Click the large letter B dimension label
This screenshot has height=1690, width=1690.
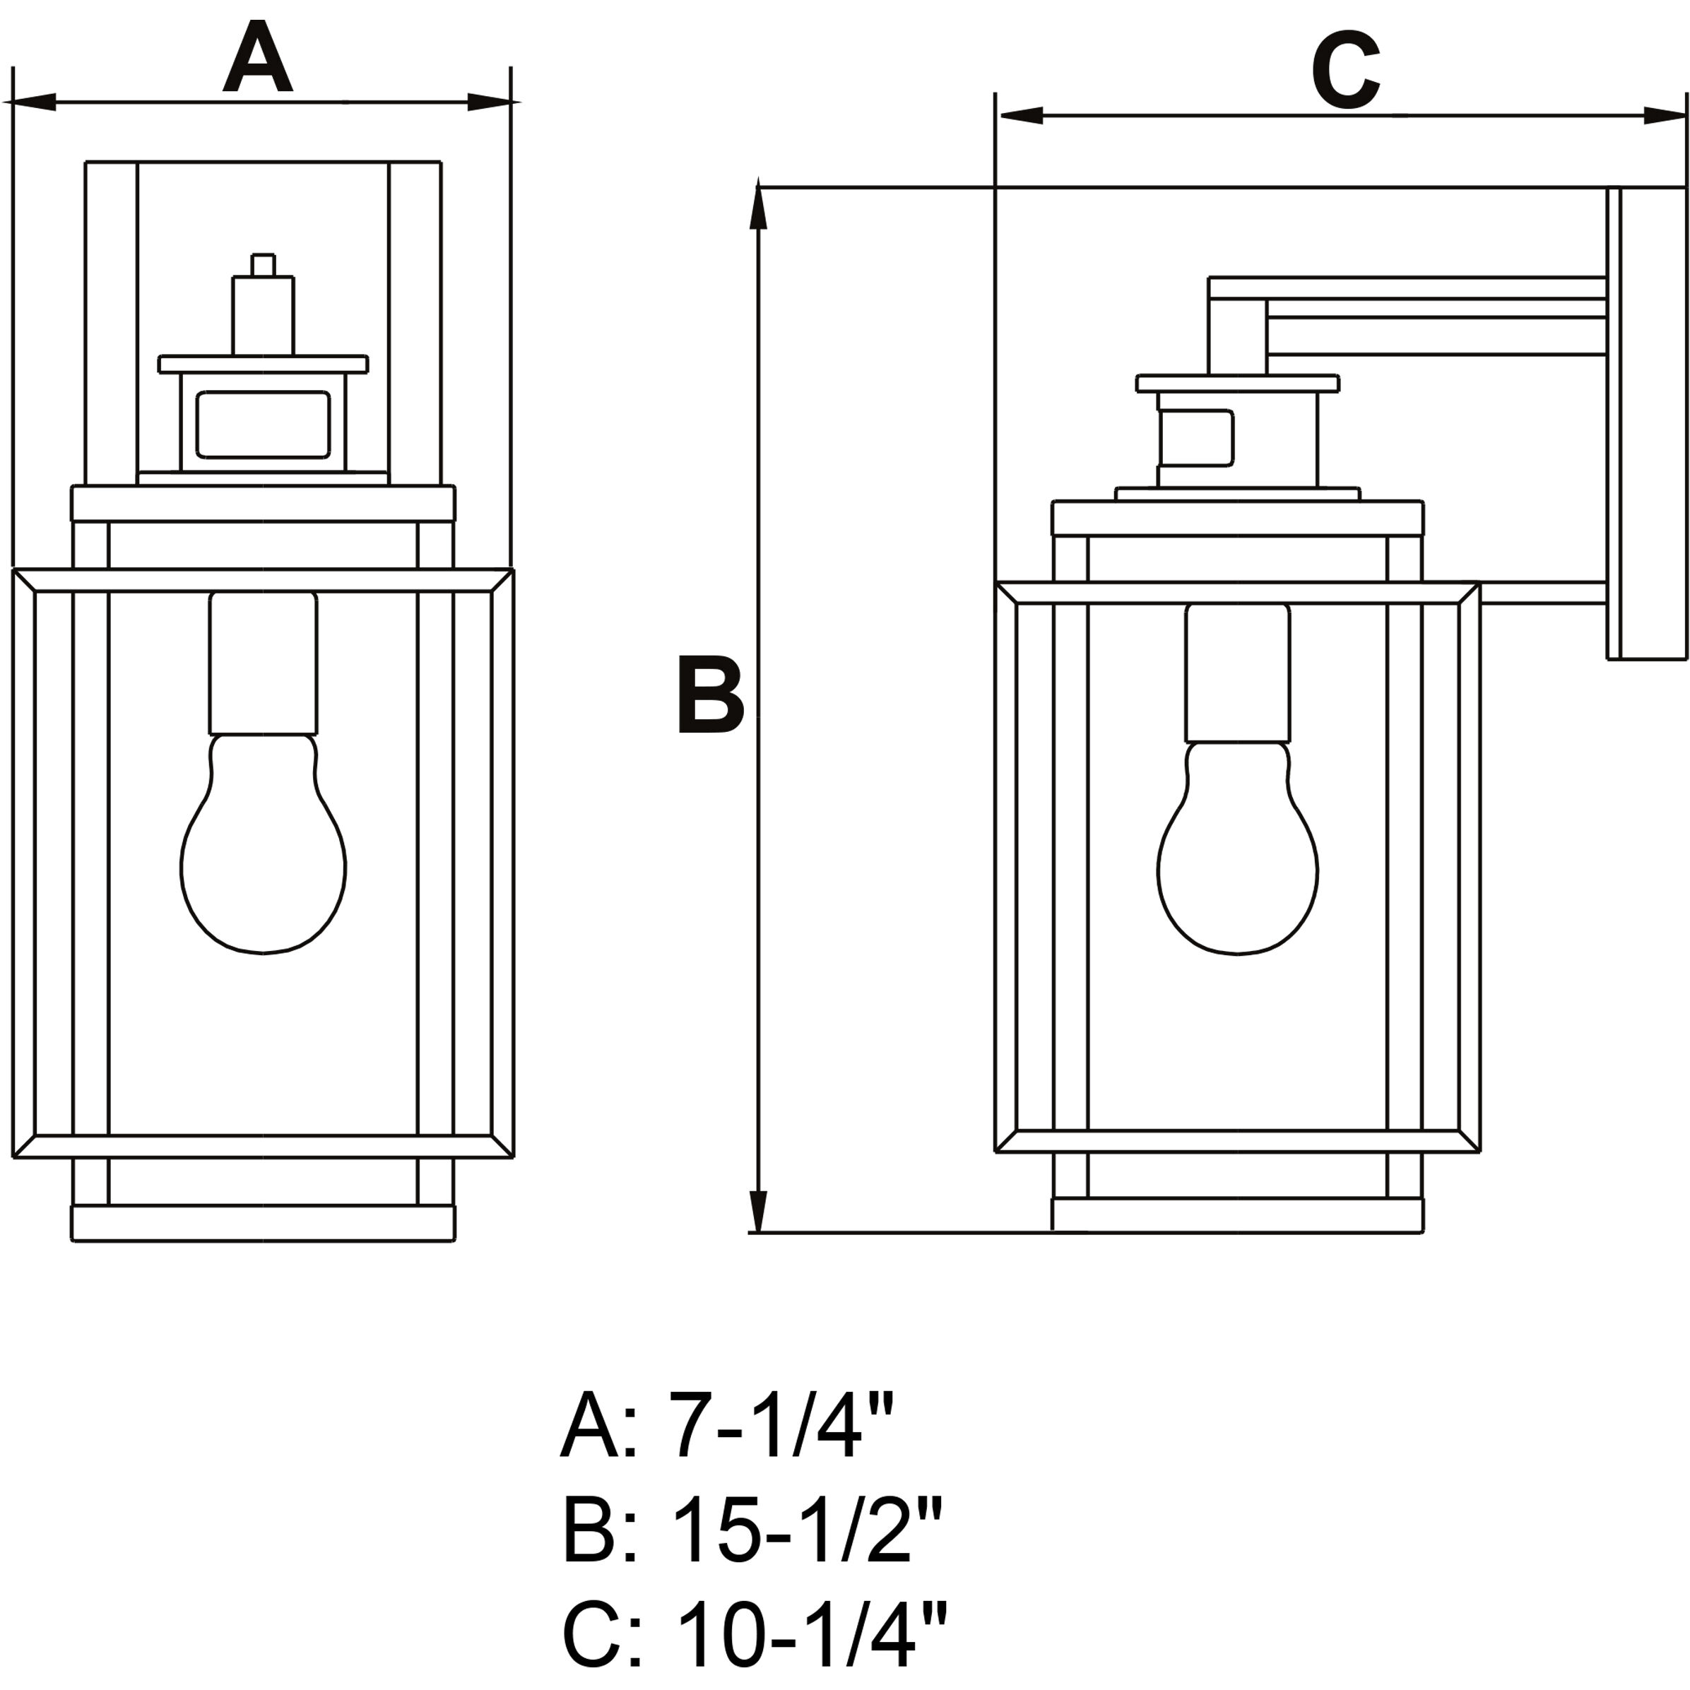709,697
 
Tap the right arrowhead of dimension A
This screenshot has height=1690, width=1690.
490,102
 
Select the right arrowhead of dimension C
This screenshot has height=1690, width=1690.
1664,115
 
